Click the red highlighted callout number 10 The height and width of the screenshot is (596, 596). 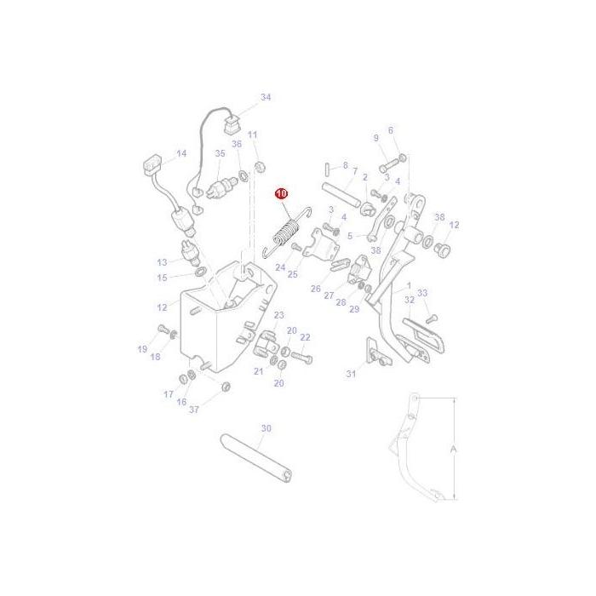(282, 195)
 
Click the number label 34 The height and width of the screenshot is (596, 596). (266, 98)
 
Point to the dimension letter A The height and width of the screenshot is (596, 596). (454, 449)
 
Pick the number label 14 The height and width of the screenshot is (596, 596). (181, 154)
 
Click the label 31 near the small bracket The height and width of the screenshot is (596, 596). (350, 374)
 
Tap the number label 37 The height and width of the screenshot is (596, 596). (194, 409)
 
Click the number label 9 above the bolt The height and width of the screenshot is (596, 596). (375, 138)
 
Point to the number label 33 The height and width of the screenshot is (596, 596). (422, 293)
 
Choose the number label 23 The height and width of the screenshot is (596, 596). (278, 315)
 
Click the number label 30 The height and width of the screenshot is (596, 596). (266, 428)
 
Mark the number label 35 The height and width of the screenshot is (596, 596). (220, 154)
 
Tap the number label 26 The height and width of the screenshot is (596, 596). (316, 289)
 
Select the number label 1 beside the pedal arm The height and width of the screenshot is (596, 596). (409, 286)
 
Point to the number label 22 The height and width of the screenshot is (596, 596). (305, 338)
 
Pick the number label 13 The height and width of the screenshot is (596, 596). (162, 262)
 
